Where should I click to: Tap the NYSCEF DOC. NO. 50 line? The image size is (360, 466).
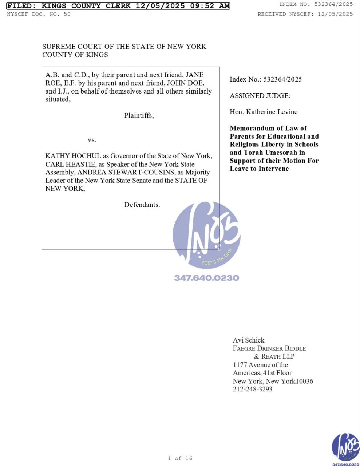point(39,14)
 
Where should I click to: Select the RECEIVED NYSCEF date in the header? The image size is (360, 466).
point(335,14)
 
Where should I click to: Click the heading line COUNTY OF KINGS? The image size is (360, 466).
point(75,55)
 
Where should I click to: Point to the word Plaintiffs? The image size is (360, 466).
point(139,115)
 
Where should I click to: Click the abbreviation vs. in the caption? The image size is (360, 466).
point(92,140)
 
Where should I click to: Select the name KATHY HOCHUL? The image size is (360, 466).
point(73,156)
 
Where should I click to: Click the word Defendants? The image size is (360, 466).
point(142,205)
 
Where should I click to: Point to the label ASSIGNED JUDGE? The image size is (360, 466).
point(260,96)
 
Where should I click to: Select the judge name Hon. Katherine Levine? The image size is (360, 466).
point(264,112)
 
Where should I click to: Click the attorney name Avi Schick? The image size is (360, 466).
point(249,340)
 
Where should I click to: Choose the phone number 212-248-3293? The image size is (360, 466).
point(252,389)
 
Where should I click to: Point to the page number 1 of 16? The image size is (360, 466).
point(180,458)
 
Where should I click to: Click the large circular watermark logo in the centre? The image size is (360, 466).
point(206,234)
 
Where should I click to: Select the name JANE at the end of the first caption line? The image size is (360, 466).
point(195,75)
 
